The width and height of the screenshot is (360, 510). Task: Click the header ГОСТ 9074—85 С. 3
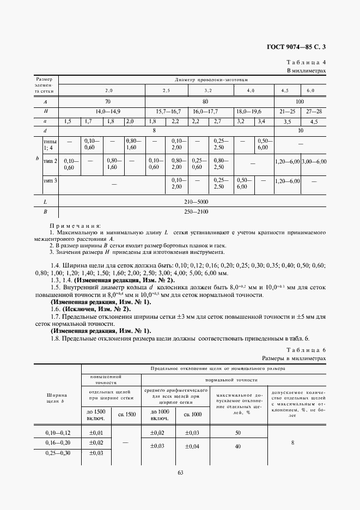click(x=295, y=48)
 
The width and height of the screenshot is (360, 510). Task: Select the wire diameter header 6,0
click(x=311, y=90)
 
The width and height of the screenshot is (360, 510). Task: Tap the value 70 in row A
click(x=107, y=101)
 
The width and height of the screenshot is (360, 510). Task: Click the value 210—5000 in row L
click(x=193, y=202)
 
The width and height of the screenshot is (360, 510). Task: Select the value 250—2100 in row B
click(x=193, y=211)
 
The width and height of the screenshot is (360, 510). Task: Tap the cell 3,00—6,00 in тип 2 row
click(x=314, y=162)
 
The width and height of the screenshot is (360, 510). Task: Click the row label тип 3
click(x=51, y=180)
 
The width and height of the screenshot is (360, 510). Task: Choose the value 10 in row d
click(x=300, y=131)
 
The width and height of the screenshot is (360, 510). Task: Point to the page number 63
click(x=180, y=472)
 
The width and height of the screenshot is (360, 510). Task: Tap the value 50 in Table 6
click(x=237, y=433)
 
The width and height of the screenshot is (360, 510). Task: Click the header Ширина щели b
click(x=57, y=398)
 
